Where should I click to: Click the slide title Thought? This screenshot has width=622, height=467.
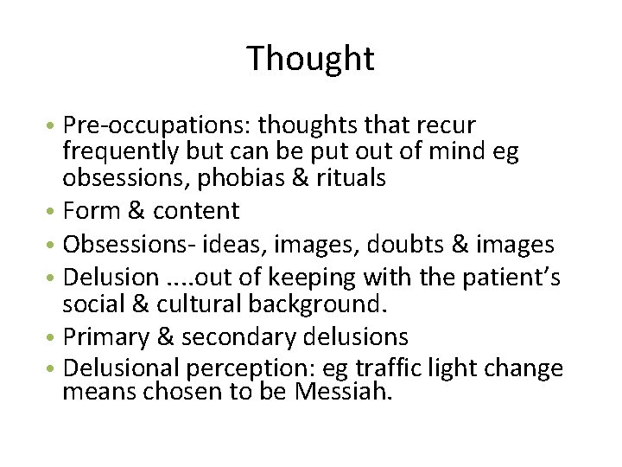tap(310, 59)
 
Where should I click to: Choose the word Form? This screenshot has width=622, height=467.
tap(92, 211)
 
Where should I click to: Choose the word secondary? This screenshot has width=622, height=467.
tap(230, 335)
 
